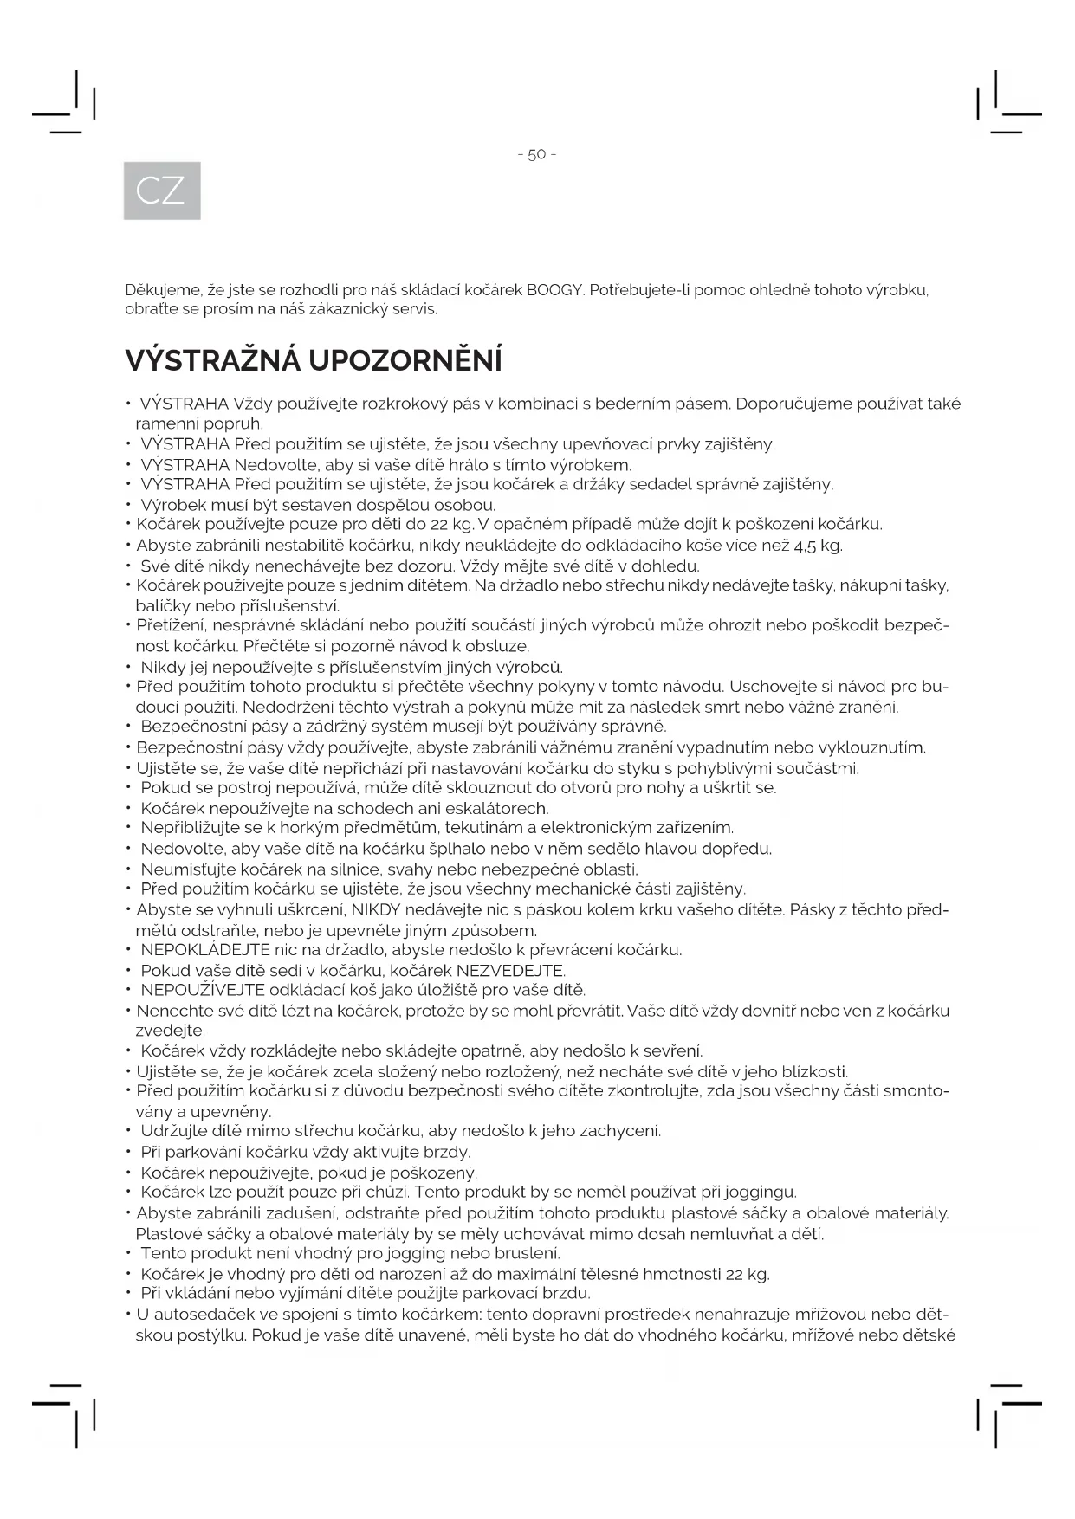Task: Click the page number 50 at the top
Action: (536, 155)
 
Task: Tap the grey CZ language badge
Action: (162, 191)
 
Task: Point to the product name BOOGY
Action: (554, 290)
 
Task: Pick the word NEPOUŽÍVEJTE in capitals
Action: (203, 990)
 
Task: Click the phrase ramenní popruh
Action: (199, 424)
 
